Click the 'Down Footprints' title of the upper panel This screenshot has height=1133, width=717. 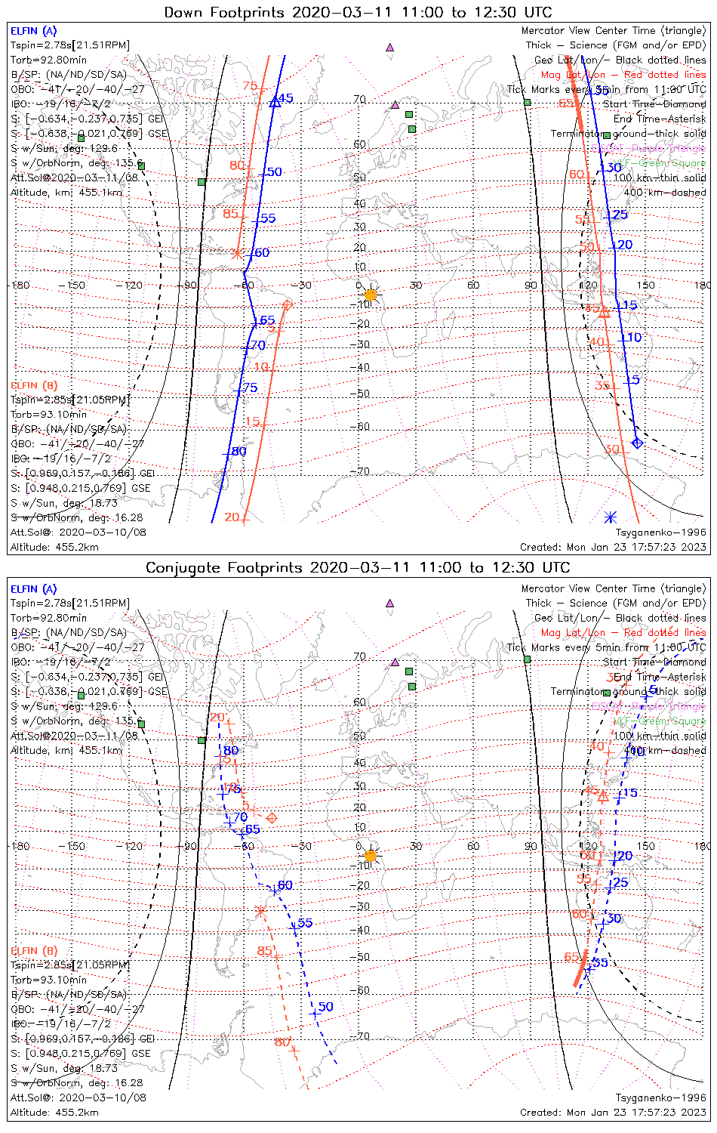pos(358,12)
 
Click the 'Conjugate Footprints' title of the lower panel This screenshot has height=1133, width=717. pos(358,567)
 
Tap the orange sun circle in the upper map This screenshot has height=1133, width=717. pos(370,295)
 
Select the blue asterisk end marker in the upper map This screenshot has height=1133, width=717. pos(611,517)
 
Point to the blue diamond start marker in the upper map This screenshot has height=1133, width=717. pos(637,443)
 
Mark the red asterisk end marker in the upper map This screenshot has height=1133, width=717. pos(237,254)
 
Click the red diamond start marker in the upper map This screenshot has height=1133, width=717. pos(287,305)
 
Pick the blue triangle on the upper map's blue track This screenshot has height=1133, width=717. pos(275,101)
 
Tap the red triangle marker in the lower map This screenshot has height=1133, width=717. pos(603,797)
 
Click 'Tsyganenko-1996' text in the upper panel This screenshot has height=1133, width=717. pos(660,533)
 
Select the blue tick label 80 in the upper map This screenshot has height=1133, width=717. pos(238,452)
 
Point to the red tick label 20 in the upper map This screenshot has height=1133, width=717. pos(232,517)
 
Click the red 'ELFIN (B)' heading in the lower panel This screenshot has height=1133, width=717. pos(33,950)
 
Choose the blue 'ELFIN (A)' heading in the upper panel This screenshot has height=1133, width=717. pos(33,31)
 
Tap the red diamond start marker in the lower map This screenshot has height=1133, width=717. pos(272,818)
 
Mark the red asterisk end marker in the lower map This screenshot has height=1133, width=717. pos(260,912)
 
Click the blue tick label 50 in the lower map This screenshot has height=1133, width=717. pos(325,1007)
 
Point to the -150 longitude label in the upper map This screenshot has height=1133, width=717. pos(75,286)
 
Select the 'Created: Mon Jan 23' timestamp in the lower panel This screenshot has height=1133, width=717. pos(613,1113)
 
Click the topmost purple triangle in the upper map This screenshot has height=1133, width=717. pos(389,47)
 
